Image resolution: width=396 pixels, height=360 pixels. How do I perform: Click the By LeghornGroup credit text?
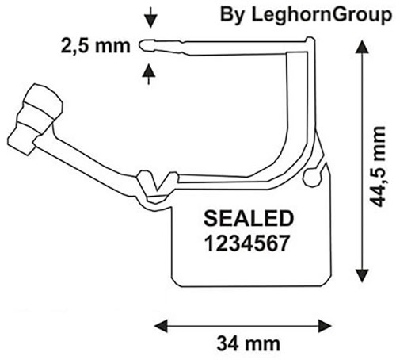point(306,15)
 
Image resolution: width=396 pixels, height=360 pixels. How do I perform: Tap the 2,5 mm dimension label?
point(96,46)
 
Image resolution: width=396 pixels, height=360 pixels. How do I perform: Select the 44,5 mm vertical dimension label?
point(377,167)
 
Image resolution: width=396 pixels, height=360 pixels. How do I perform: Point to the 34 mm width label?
point(248,344)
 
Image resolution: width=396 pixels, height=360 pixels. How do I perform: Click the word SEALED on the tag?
point(249,218)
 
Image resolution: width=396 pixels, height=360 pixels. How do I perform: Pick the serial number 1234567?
point(247,243)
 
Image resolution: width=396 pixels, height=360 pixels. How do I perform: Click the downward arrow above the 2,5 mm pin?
point(150,17)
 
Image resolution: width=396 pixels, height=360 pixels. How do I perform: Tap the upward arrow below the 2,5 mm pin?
point(149,74)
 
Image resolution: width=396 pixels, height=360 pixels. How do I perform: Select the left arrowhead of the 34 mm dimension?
point(161,326)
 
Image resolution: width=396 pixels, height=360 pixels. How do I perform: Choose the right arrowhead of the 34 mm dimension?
point(325,326)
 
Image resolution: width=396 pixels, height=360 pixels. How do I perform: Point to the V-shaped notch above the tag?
point(157,182)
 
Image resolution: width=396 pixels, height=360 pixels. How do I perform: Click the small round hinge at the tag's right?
point(312,177)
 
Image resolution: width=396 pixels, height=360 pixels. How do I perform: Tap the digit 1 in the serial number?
point(210,243)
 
